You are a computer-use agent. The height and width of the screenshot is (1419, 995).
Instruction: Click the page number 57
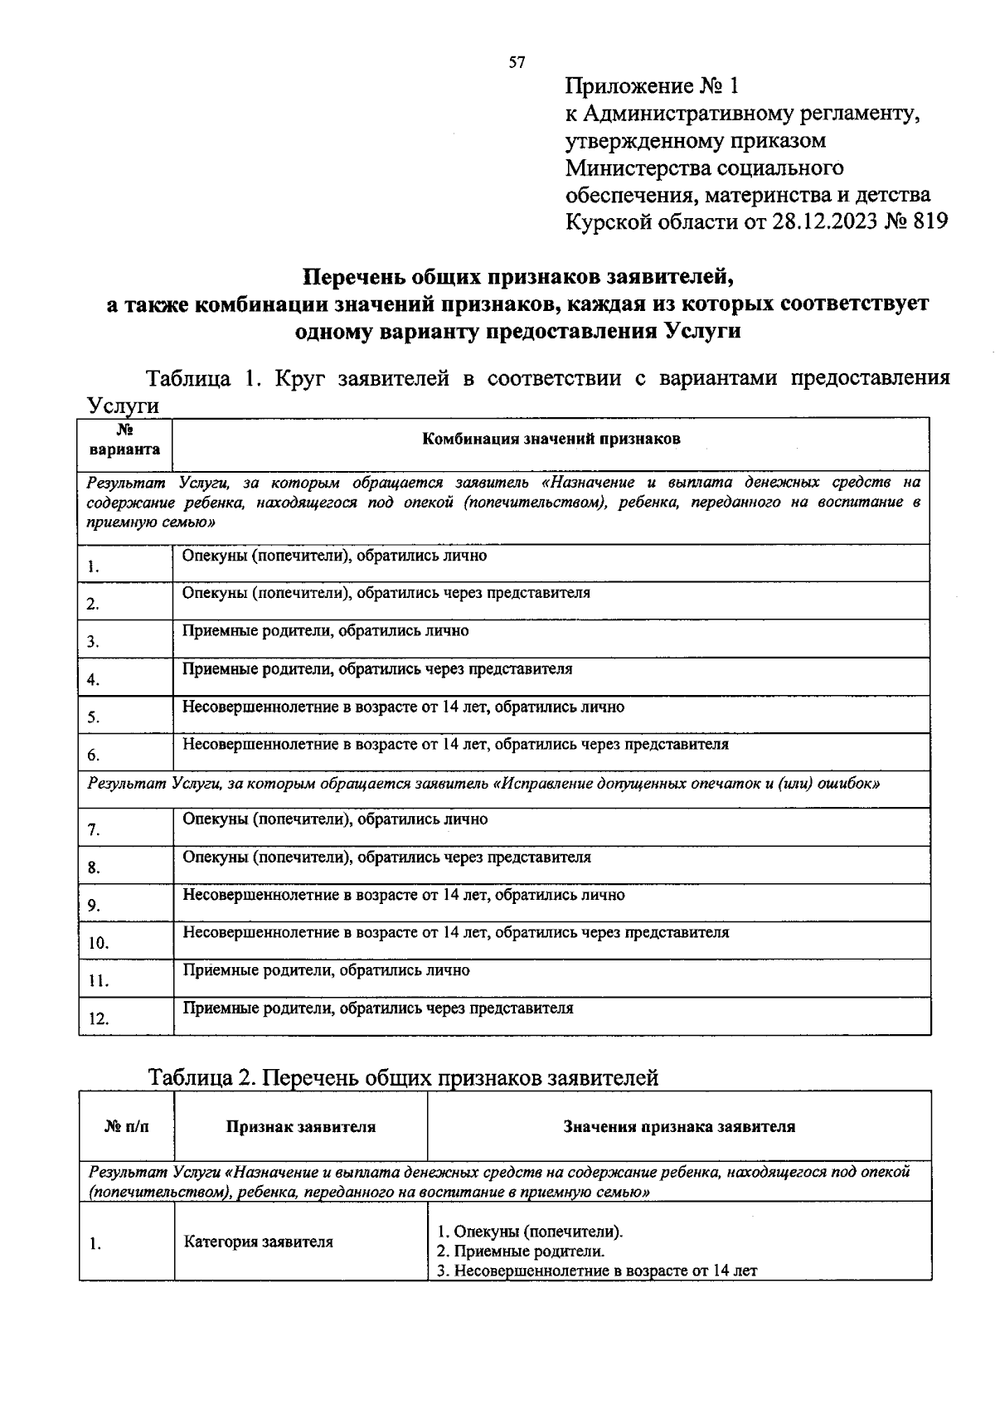point(517,63)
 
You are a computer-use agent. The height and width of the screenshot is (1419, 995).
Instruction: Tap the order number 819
point(929,222)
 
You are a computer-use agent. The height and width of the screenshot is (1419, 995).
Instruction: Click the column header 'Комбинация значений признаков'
point(551,439)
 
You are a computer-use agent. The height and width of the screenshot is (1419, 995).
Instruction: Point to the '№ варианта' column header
point(125,440)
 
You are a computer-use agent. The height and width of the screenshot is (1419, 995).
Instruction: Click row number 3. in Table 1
point(93,642)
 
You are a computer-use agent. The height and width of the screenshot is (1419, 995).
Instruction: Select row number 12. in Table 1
point(99,1019)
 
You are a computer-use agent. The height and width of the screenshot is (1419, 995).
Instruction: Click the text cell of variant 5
point(403,707)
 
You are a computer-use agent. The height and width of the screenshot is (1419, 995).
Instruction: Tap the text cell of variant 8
point(386,858)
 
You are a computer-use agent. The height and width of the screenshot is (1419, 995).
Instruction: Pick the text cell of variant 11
point(326,970)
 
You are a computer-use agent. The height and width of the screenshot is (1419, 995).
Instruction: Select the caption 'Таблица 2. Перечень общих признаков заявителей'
point(403,1077)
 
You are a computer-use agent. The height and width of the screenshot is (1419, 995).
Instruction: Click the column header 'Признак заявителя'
point(301,1126)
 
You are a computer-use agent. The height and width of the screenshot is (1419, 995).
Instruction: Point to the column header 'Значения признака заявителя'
point(679,1126)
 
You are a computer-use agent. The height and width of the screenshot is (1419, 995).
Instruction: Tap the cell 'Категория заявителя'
point(258,1242)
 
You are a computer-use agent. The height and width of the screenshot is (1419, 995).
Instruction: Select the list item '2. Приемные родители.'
point(520,1251)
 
